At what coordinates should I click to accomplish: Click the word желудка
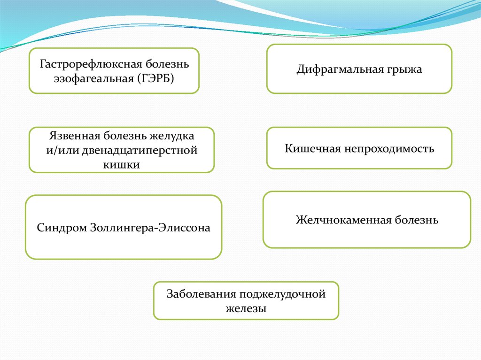pyautogui.click(x=172, y=137)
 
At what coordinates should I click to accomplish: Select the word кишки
pyautogui.click(x=121, y=164)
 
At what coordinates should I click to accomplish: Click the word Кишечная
pyautogui.click(x=310, y=149)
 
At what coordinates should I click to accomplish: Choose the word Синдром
pyautogui.click(x=58, y=228)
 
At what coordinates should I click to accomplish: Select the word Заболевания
pyautogui.click(x=201, y=294)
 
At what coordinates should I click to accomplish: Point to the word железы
pyautogui.click(x=246, y=308)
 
